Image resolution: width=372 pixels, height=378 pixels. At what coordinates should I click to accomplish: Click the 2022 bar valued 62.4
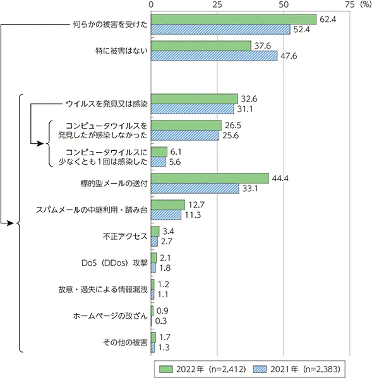[233, 19]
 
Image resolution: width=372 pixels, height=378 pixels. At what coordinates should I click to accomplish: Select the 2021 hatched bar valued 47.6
[213, 56]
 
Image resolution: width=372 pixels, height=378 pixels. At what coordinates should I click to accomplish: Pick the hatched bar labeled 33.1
[195, 188]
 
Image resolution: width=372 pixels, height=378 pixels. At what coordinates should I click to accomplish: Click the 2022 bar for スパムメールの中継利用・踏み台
[167, 204]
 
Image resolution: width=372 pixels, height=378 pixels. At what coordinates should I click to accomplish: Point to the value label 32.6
[249, 99]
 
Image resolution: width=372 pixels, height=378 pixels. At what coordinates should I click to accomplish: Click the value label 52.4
[301, 29]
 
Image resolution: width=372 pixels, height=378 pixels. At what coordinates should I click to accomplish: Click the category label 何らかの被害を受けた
[110, 25]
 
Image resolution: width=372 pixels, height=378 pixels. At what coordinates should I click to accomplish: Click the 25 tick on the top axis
[217, 4]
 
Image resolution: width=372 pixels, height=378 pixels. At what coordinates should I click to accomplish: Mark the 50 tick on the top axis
[283, 4]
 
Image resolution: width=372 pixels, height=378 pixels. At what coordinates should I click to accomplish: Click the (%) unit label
[364, 4]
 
